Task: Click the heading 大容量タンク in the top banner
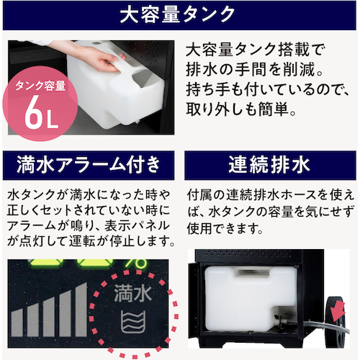point(177,15)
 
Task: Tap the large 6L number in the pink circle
point(41,112)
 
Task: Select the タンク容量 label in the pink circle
point(40,86)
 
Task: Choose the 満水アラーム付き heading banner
point(89,165)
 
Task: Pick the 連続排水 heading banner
point(270,165)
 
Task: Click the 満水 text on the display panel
point(132,293)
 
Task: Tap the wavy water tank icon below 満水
point(132,322)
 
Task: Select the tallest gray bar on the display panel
point(81,310)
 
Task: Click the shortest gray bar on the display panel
point(17,323)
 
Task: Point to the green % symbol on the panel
point(135,264)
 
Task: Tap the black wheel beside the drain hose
point(336,322)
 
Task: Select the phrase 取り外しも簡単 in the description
point(237,109)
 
